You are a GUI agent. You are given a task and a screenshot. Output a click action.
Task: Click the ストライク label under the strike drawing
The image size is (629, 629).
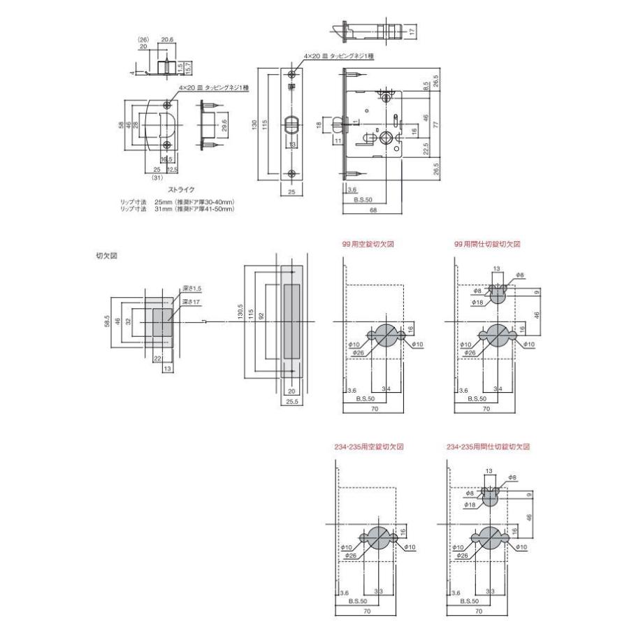click(x=182, y=189)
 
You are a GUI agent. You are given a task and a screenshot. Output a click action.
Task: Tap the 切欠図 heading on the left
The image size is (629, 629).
click(x=106, y=256)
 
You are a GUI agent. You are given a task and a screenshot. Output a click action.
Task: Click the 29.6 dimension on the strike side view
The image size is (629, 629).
click(x=223, y=125)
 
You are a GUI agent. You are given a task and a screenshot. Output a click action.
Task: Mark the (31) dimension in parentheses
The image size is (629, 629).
click(x=157, y=178)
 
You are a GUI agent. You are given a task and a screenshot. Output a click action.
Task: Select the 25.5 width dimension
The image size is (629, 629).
click(x=289, y=403)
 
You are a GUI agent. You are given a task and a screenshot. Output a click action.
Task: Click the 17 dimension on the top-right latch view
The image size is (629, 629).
click(x=413, y=32)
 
